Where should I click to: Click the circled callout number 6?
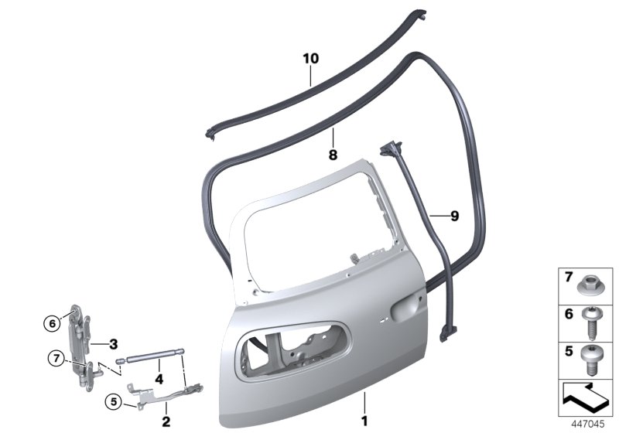[x=52, y=324]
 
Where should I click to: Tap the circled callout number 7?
[x=56, y=359]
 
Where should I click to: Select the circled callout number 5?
[x=114, y=402]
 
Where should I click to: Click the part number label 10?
[x=311, y=59]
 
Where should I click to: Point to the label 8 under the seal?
[x=333, y=155]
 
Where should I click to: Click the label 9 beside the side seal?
[x=455, y=216]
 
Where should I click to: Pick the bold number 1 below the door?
[x=364, y=421]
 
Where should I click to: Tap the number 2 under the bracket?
[x=166, y=421]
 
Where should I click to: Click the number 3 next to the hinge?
[x=113, y=344]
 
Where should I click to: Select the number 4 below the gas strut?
[x=159, y=380]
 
